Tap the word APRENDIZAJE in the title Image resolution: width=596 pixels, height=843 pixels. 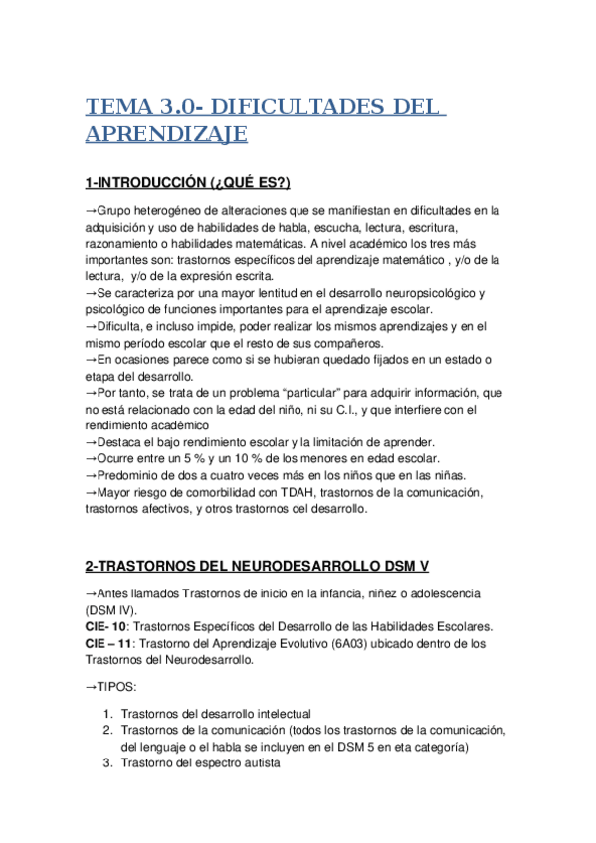[166, 134]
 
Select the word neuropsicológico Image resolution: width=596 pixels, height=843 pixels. [422, 293]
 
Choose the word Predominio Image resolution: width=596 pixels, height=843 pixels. [134, 476]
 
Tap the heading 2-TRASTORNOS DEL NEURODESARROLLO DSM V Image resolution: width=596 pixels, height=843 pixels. [257, 566]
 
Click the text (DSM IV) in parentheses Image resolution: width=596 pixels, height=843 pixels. [112, 609]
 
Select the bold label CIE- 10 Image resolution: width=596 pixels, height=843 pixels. [106, 626]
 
